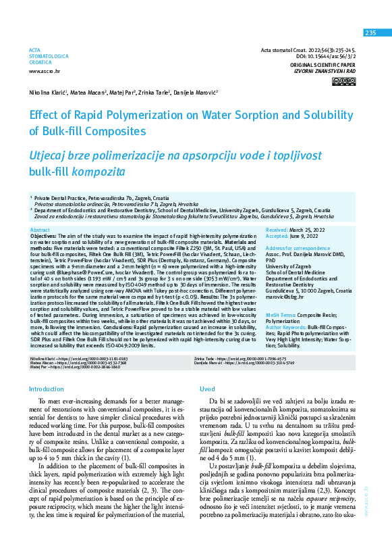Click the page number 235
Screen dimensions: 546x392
click(370, 33)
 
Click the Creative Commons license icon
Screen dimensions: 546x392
click(347, 81)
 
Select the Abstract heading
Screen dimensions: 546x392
click(40, 230)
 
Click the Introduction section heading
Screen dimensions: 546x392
click(47, 389)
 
